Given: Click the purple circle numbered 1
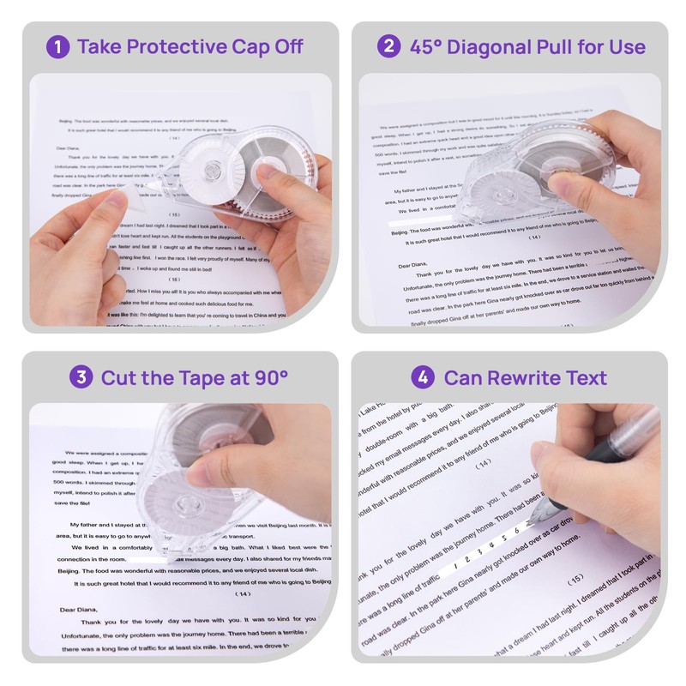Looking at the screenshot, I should pyautogui.click(x=57, y=46).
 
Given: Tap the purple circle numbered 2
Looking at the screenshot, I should pyautogui.click(x=388, y=46).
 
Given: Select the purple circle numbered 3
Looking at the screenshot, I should pyautogui.click(x=81, y=377).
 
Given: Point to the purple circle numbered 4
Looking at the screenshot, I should pyautogui.click(x=422, y=377).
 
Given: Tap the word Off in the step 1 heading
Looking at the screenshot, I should pyautogui.click(x=284, y=46).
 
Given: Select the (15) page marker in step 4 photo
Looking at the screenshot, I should pyautogui.click(x=575, y=579).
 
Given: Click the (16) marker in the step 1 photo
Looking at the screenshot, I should pyautogui.click(x=174, y=279).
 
